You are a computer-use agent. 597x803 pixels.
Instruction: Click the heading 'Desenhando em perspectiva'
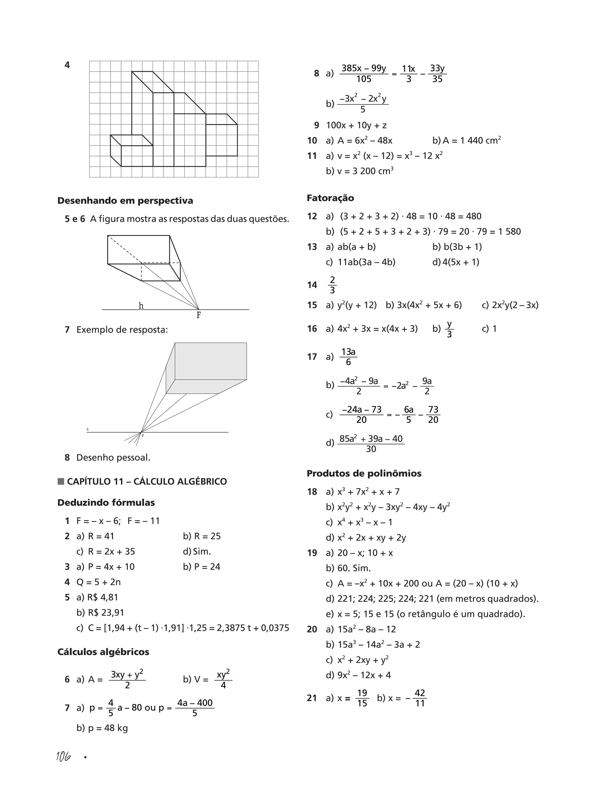pyautogui.click(x=125, y=201)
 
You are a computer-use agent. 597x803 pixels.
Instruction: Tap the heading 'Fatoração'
pyautogui.click(x=330, y=198)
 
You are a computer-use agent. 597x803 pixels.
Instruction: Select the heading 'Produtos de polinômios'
pyautogui.click(x=364, y=474)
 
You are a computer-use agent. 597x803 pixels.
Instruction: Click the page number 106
pyautogui.click(x=63, y=756)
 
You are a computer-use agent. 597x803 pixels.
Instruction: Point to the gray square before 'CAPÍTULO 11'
pyautogui.click(x=61, y=481)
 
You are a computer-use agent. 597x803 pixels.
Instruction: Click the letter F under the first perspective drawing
pyautogui.click(x=199, y=315)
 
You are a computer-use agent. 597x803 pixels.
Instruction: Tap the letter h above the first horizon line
pyautogui.click(x=141, y=306)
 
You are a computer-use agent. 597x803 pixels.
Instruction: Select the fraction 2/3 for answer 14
pyautogui.click(x=332, y=285)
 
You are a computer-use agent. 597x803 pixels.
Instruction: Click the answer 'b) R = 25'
pyautogui.click(x=202, y=536)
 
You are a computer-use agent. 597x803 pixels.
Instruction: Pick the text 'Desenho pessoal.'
pyautogui.click(x=113, y=457)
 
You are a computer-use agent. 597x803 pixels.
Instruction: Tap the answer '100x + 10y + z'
pyautogui.click(x=356, y=125)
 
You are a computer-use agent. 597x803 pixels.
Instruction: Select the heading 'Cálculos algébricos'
pyautogui.click(x=103, y=652)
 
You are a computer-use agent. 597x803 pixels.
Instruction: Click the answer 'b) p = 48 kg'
pyautogui.click(x=102, y=728)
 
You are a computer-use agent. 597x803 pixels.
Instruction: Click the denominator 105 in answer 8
pyautogui.click(x=364, y=79)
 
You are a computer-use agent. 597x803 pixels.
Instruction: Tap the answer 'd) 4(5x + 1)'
pyautogui.click(x=456, y=262)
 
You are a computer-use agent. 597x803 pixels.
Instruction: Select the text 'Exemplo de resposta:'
pyautogui.click(x=122, y=329)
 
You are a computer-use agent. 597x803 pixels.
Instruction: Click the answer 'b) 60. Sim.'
pyautogui.click(x=348, y=568)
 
